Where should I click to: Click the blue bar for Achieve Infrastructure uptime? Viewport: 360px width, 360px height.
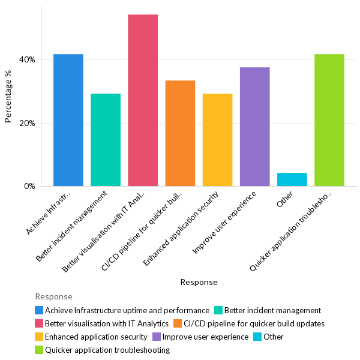[68, 120]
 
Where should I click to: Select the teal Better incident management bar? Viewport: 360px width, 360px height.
[106, 140]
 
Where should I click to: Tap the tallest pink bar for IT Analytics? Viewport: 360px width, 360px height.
[143, 100]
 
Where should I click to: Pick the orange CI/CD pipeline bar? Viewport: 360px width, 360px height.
[180, 133]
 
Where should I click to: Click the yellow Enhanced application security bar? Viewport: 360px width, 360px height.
[217, 140]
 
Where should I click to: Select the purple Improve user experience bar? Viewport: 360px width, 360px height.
[254, 127]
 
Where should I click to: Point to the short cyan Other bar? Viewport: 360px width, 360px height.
[292, 179]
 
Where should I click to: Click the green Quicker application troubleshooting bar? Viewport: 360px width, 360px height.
[329, 120]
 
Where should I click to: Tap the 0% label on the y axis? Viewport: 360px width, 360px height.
[29, 187]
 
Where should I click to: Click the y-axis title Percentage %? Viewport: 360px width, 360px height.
[8, 97]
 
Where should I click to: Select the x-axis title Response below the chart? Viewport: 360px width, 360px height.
[199, 282]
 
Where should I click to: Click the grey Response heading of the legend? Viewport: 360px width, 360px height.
[53, 296]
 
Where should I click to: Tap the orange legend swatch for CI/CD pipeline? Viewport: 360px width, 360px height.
[178, 323]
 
